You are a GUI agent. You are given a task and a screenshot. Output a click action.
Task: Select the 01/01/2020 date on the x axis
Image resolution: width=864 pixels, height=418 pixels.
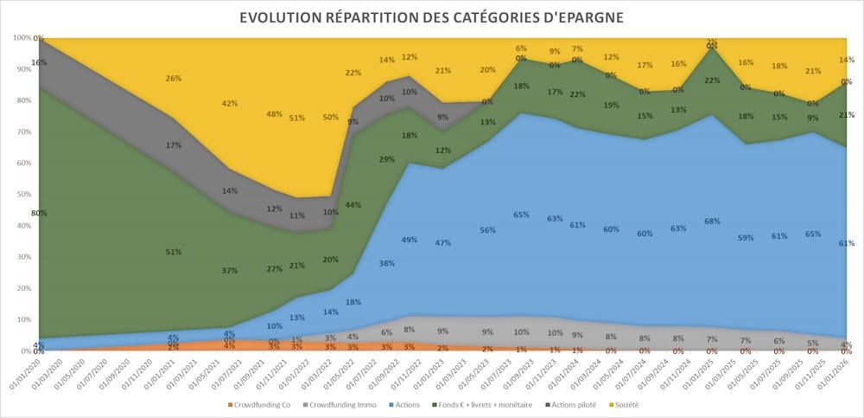coord(29,376)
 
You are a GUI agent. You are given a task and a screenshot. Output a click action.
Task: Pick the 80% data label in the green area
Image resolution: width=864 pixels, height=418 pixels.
coord(39,213)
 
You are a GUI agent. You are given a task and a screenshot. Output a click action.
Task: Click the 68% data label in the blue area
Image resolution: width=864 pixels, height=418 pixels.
coord(712,222)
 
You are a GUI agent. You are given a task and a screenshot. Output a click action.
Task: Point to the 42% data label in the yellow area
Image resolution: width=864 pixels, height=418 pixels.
coord(230,104)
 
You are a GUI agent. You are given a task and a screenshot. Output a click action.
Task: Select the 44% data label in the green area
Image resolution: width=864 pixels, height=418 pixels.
coord(353,205)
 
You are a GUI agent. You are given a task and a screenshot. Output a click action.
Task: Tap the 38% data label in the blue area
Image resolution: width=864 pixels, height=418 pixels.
coord(386,263)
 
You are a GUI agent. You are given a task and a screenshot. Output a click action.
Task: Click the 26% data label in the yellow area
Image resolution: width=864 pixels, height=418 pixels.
coord(174,79)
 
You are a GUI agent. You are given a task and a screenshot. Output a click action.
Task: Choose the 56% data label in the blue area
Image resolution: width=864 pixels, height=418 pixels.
coord(488,230)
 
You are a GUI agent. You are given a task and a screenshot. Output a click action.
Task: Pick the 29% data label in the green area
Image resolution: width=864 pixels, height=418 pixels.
coord(386,159)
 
